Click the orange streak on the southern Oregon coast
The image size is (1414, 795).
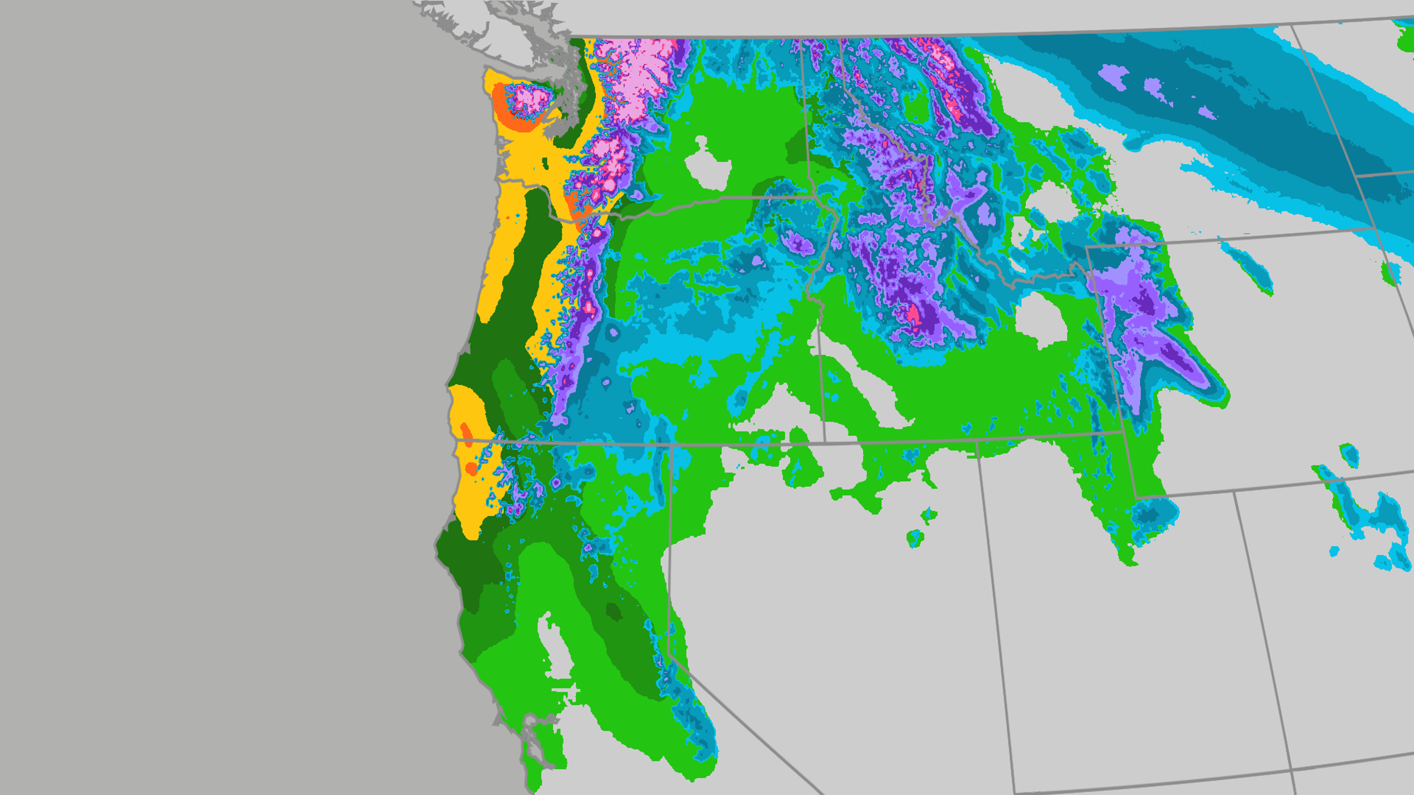pos(466,434)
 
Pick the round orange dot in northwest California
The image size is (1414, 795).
pos(471,468)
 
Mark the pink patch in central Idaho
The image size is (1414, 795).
pos(913,315)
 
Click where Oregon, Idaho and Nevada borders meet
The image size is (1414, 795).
pos(824,442)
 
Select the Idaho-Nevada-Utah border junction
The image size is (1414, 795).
pos(977,440)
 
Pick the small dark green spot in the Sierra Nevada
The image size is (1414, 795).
pos(613,611)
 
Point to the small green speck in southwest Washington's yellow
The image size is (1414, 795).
pos(545,163)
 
